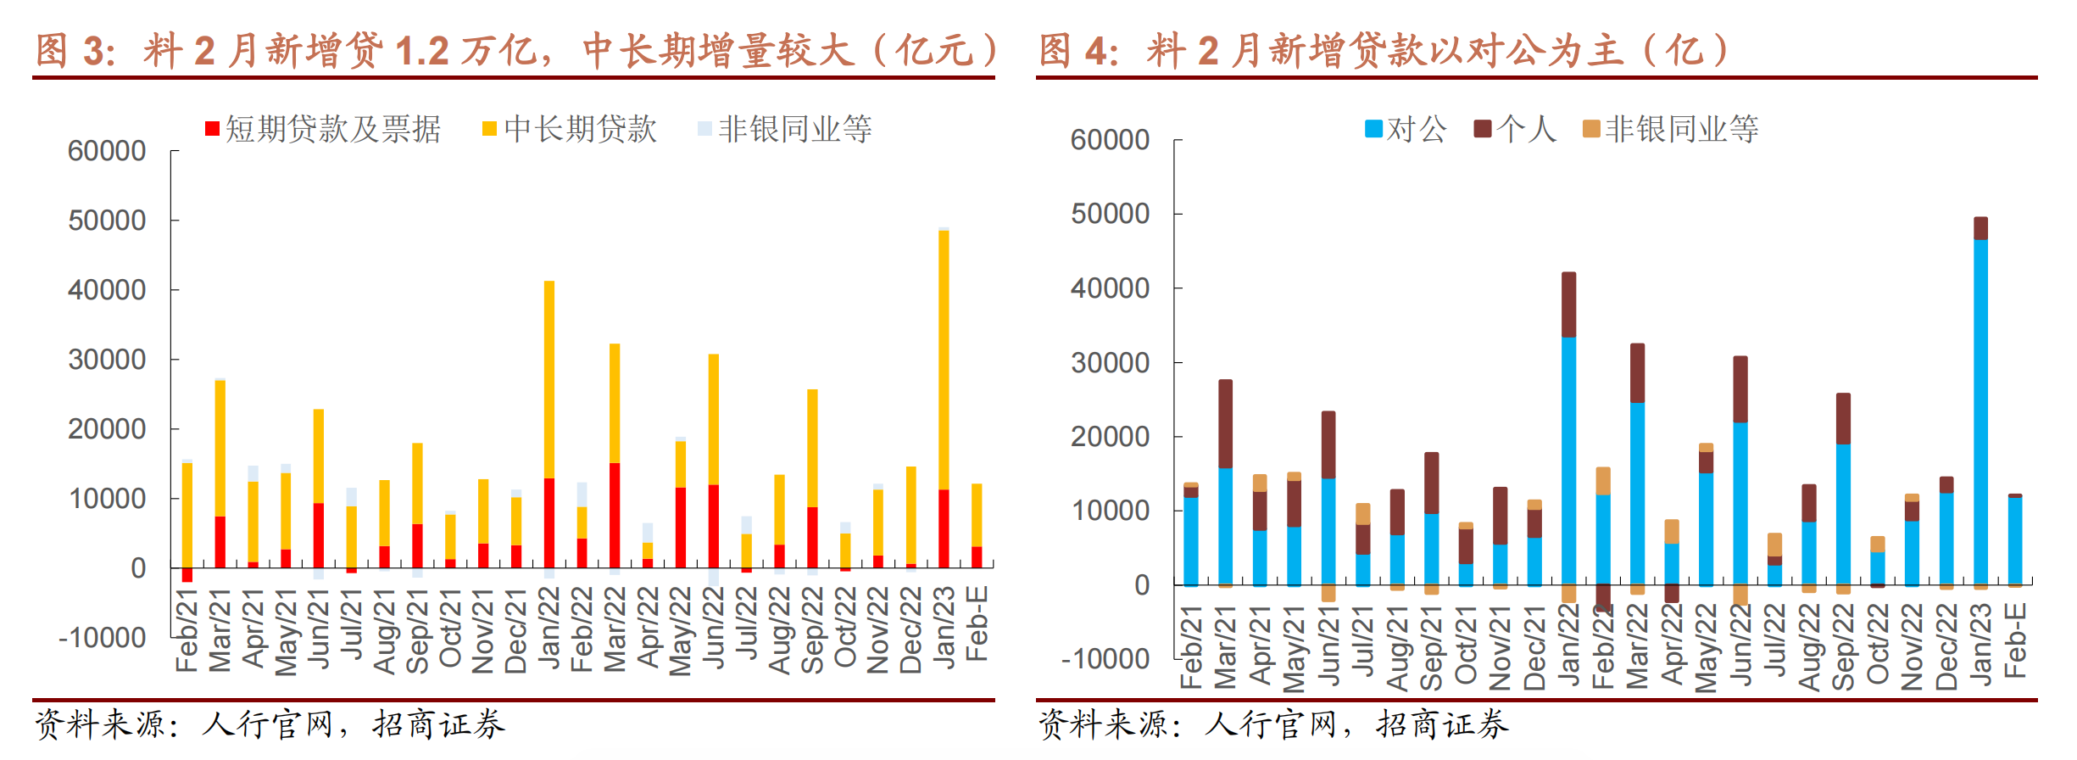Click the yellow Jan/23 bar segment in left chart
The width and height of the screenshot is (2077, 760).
pyautogui.click(x=944, y=360)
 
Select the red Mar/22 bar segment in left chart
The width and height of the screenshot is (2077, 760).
pyautogui.click(x=615, y=515)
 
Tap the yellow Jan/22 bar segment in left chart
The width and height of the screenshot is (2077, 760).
pyautogui.click(x=549, y=379)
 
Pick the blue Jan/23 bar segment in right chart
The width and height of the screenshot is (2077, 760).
pyautogui.click(x=1980, y=412)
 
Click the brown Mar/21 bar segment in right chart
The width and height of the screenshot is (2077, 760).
pyautogui.click(x=1226, y=423)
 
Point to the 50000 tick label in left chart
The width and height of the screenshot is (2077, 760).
pyautogui.click(x=107, y=221)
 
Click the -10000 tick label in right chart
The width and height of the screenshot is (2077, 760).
pyautogui.click(x=1105, y=659)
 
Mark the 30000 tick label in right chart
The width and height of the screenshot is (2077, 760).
pyautogui.click(x=1110, y=363)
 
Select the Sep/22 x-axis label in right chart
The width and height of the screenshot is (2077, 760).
pyautogui.click(x=1843, y=646)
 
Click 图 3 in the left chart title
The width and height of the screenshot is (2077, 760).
pyautogui.click(x=75, y=51)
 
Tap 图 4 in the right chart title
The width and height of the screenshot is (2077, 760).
pyautogui.click(x=1078, y=51)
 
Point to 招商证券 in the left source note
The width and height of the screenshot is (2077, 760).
pyautogui.click(x=438, y=724)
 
